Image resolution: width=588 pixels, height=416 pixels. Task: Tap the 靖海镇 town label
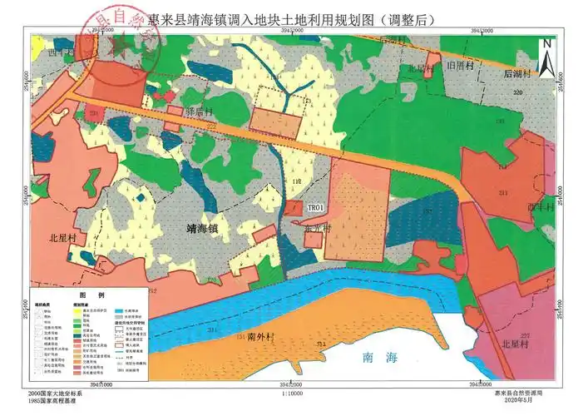point(204,225)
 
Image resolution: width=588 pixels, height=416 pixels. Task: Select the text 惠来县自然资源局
point(519,393)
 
